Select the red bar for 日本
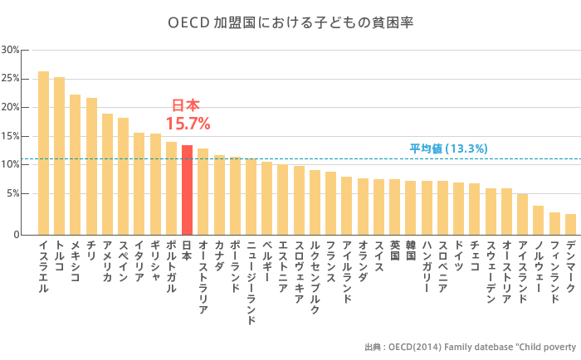point(187,190)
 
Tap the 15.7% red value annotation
point(188,124)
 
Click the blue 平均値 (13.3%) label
point(448,148)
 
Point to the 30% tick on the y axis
point(11,50)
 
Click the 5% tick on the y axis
point(12,194)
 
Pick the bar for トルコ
point(59,156)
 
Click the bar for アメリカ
point(107,174)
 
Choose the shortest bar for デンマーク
point(570,224)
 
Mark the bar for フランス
point(330,203)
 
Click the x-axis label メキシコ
point(76,261)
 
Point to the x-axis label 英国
point(394,251)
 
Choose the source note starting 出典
point(470,347)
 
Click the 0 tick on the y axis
point(16,235)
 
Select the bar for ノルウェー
point(538,220)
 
